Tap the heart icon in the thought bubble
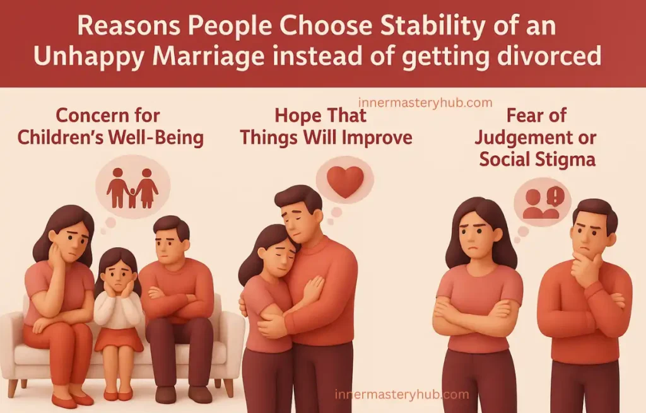[x=345, y=181]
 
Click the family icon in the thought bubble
[x=132, y=187]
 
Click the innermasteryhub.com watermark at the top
[x=425, y=103]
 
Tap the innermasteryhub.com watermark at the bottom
[x=402, y=395]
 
